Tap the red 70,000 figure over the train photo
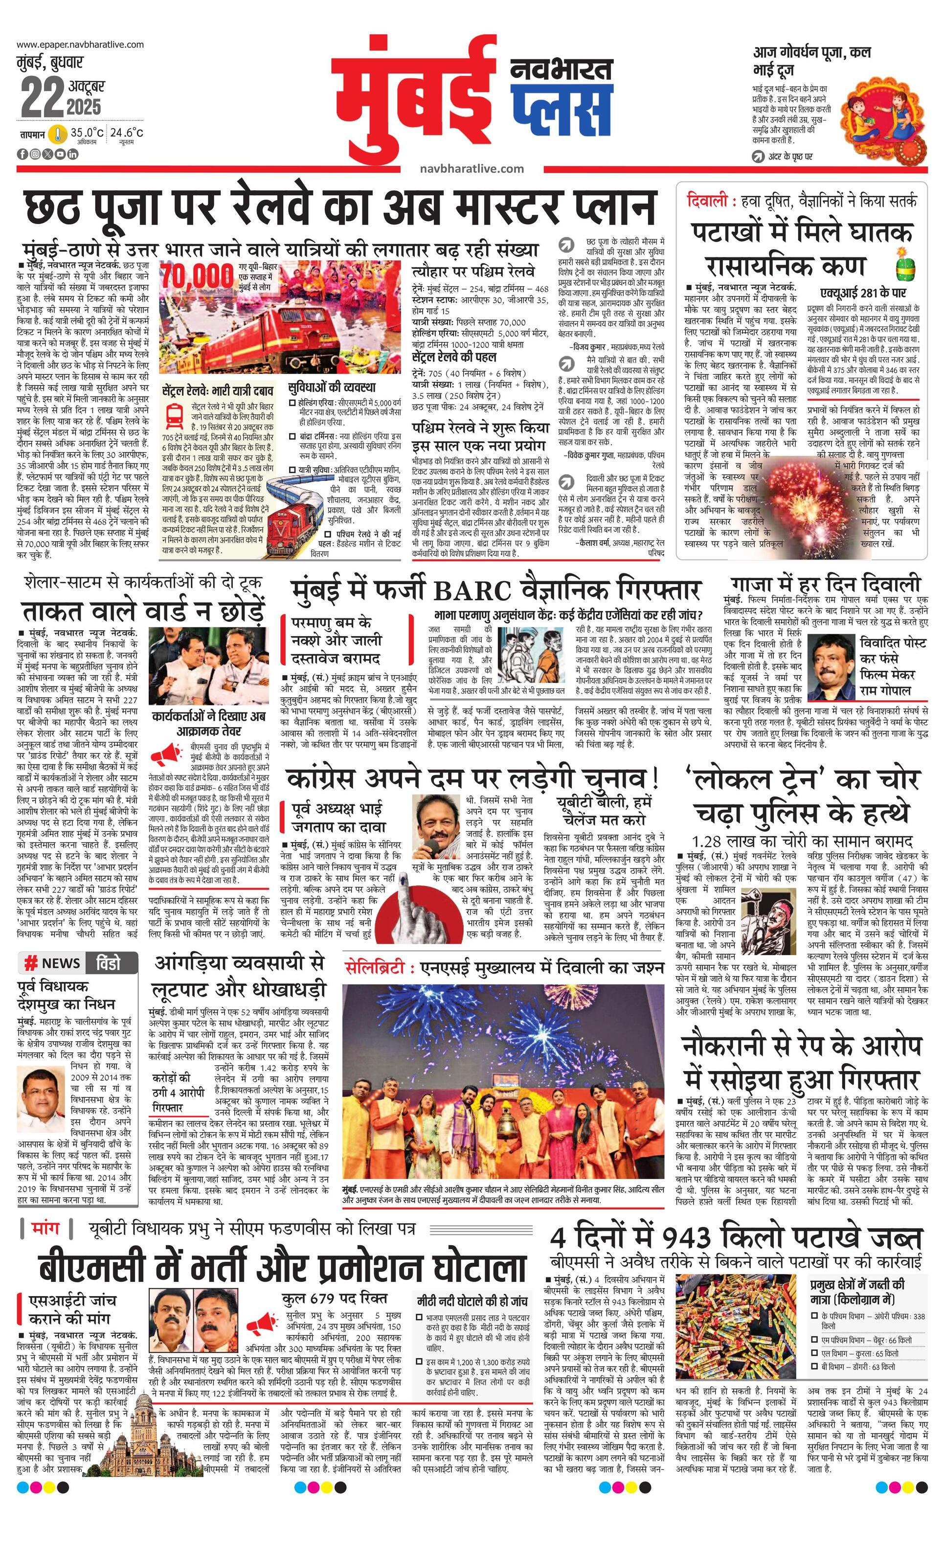197,275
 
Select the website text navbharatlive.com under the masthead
472,168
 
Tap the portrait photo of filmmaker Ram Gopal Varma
831,663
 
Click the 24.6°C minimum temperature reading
127,133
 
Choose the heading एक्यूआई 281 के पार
862,293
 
